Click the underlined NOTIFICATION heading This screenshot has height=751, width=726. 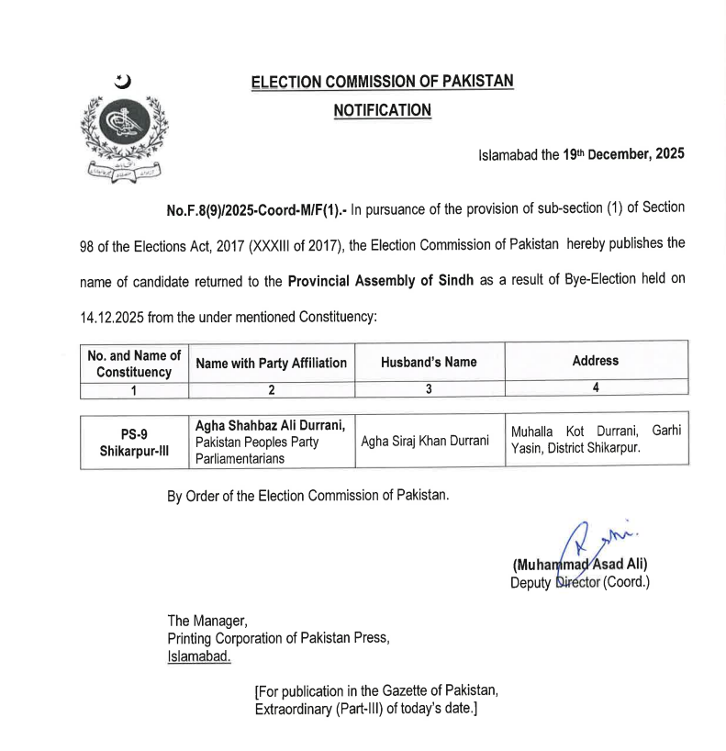(382, 110)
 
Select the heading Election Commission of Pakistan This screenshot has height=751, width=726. (382, 82)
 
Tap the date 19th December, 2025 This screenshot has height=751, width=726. (623, 154)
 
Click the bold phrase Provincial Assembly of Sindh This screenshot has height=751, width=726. (380, 280)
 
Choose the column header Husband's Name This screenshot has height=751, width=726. (429, 362)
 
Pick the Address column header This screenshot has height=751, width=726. (595, 361)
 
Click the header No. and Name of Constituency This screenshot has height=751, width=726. (134, 363)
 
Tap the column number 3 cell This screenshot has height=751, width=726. (429, 388)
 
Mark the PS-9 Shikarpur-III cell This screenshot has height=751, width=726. (134, 442)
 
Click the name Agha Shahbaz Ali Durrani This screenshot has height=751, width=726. (270, 424)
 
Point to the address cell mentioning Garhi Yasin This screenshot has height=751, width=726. (595, 440)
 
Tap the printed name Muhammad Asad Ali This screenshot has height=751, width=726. (580, 565)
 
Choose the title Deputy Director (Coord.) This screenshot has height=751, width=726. (579, 582)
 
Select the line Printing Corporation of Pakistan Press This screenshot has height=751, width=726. (278, 639)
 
